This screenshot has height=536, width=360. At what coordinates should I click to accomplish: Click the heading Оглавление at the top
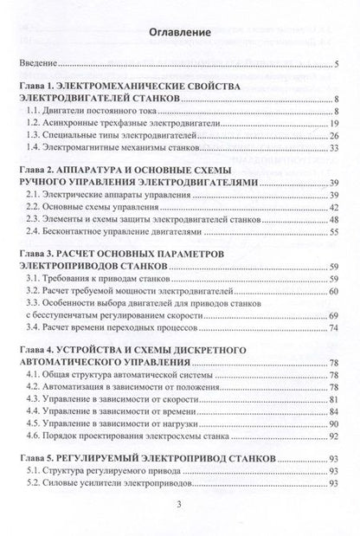(x=179, y=32)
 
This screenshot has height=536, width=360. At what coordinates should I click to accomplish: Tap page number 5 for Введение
(x=337, y=64)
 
